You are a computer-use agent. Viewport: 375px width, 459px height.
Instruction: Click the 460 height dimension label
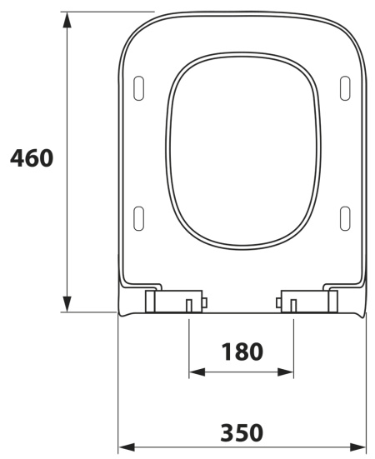tap(32, 158)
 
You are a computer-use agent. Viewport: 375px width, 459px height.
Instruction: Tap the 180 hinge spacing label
tap(242, 352)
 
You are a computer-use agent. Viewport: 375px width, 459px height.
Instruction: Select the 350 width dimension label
tap(242, 432)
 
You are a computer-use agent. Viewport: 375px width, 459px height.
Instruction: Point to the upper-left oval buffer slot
tap(139, 88)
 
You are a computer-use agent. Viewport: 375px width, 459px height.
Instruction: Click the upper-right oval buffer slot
tap(345, 88)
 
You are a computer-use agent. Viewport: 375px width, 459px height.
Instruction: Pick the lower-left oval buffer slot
tap(139, 218)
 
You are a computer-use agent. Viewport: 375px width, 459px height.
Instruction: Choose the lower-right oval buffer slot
tap(345, 218)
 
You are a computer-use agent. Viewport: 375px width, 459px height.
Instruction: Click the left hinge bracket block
tap(174, 301)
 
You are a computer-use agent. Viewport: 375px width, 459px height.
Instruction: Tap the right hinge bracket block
tap(309, 301)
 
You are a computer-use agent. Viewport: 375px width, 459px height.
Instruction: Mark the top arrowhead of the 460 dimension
tap(67, 20)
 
